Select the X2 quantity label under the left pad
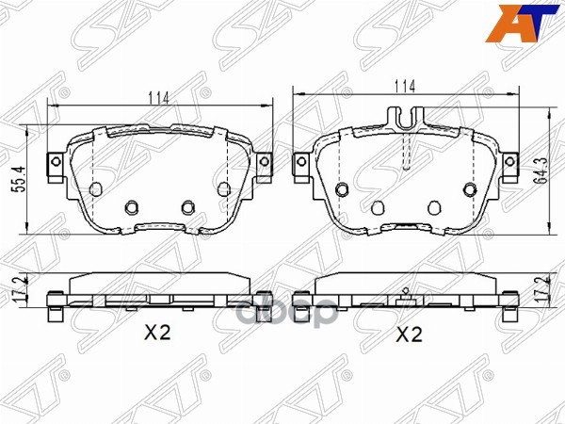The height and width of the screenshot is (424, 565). coord(155,333)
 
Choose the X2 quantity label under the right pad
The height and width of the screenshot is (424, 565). coord(407,334)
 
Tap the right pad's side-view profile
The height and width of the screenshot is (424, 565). coord(407,293)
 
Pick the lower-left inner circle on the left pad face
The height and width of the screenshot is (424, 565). coord(132,206)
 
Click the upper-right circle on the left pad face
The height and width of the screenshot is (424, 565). coord(223,189)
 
